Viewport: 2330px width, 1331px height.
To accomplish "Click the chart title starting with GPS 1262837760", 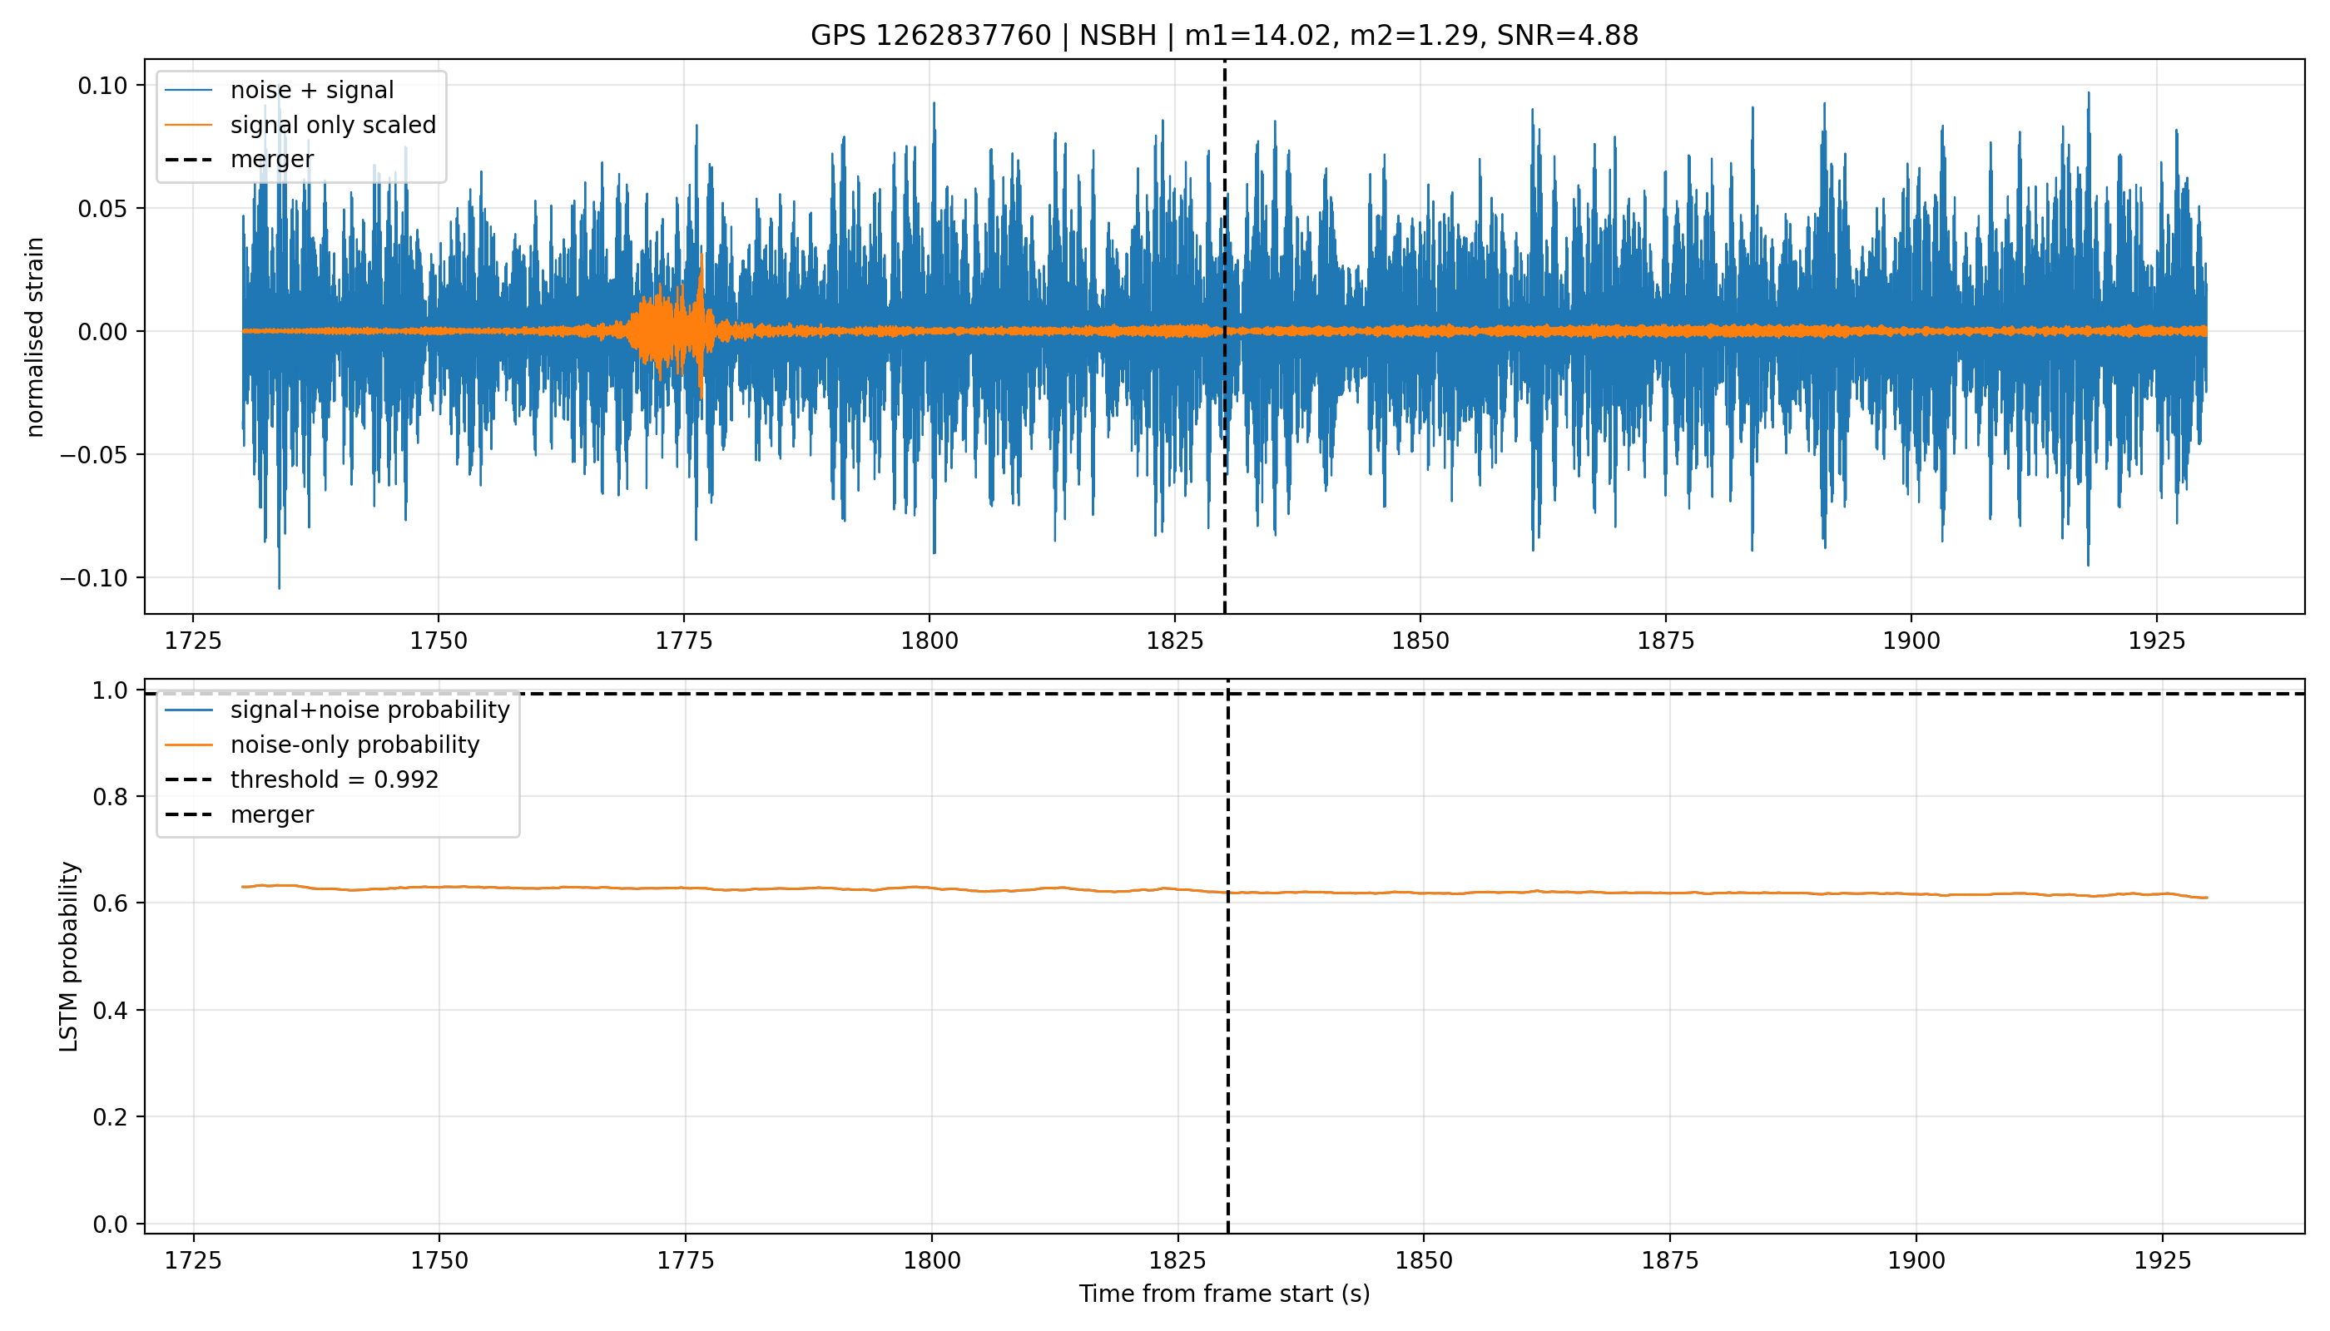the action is click(x=1223, y=35).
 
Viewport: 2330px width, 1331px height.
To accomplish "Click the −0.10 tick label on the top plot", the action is click(x=94, y=578).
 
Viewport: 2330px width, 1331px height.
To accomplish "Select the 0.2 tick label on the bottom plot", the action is click(x=110, y=1117).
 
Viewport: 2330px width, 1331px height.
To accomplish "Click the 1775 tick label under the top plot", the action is click(x=684, y=641).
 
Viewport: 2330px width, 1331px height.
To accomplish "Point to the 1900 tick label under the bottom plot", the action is click(x=1916, y=1260).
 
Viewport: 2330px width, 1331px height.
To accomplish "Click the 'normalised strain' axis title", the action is click(x=35, y=337).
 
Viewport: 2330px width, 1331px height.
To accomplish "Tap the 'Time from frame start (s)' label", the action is click(x=1224, y=1294).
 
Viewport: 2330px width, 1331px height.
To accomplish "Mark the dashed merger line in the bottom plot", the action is click(x=1228, y=956).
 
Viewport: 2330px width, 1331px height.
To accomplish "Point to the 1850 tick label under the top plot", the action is click(x=1420, y=641).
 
